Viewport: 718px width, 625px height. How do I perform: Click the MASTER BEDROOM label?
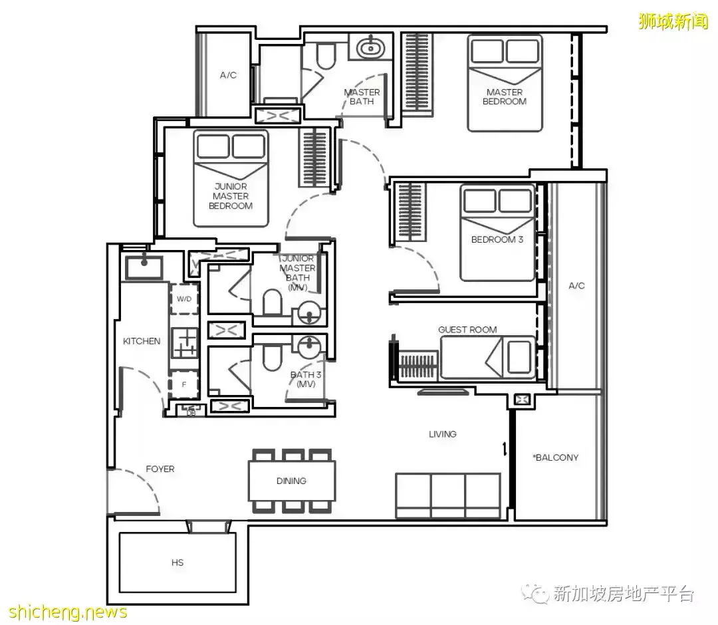point(504,97)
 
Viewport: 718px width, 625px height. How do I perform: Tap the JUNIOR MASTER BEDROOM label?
point(230,196)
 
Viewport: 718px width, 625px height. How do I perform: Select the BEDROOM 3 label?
point(497,239)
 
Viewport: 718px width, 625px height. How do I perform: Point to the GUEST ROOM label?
point(467,330)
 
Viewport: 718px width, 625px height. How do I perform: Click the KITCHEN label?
point(142,341)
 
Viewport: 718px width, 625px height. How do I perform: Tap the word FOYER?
point(160,469)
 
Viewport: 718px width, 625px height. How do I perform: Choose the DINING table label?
point(291,481)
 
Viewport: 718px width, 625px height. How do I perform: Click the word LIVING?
point(442,434)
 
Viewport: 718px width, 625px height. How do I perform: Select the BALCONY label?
point(555,457)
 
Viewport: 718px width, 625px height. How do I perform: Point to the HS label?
point(178,562)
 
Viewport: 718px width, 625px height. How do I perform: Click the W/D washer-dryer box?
point(185,299)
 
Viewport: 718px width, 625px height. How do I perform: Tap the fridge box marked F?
point(184,384)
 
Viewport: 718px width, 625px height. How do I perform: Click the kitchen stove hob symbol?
point(185,342)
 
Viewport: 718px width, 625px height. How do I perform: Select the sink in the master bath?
point(370,47)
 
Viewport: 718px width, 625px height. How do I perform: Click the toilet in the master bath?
point(326,55)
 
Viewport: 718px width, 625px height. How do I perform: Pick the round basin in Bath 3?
point(310,348)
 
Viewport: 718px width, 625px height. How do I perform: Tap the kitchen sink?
point(144,267)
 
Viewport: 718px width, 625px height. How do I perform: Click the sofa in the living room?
point(448,496)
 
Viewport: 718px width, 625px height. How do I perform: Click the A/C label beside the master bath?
point(228,75)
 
